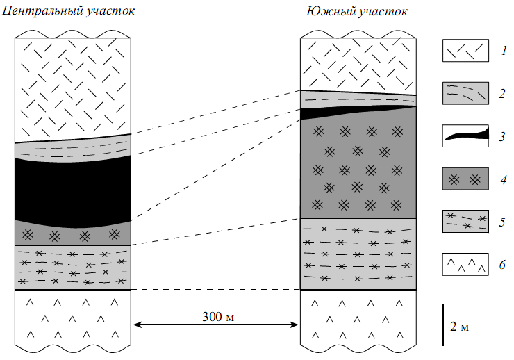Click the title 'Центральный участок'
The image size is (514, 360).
coord(68,11)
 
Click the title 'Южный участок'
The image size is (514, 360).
coord(357,12)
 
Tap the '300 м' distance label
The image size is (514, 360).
coord(218,317)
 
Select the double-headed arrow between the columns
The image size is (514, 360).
coord(216,325)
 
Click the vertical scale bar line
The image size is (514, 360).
coord(443,325)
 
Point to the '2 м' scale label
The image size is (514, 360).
coord(459,327)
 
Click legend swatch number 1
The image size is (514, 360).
coord(465,51)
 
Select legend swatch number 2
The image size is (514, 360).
coord(465,93)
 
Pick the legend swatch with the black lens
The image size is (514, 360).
coord(465,136)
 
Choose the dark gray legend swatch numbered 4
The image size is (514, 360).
coord(465,179)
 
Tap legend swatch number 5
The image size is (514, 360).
coord(465,221)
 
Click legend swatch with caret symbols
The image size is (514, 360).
coord(465,264)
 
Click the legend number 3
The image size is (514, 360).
coord(502,136)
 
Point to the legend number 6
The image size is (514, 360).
coord(502,265)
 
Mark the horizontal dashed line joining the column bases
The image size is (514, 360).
coord(216,290)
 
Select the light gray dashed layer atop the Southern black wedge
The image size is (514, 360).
coord(358,99)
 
